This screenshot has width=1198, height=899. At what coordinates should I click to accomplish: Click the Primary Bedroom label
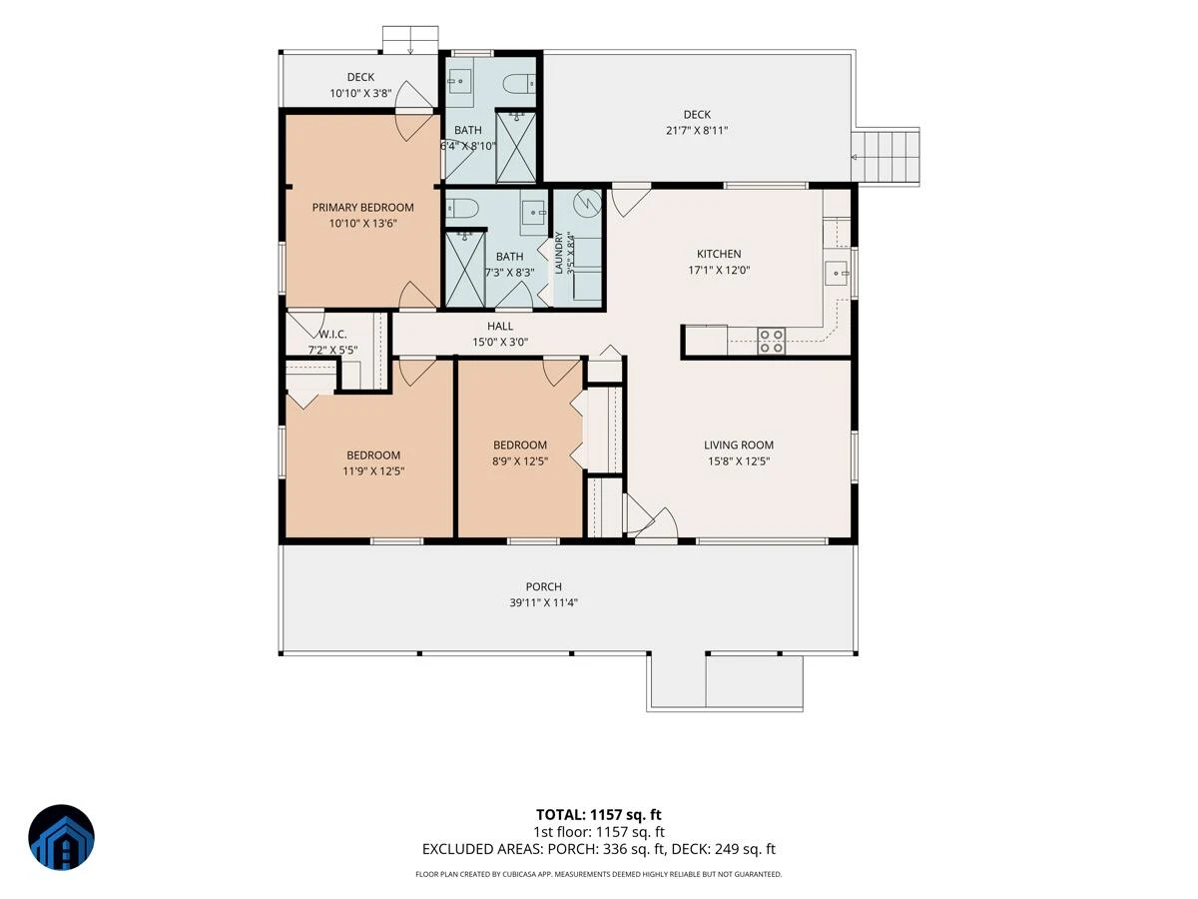click(x=362, y=208)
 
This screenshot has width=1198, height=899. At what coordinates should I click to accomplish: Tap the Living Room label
click(x=739, y=445)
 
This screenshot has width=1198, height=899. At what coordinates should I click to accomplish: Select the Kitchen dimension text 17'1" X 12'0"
click(x=719, y=270)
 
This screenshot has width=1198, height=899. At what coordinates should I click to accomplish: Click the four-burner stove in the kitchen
click(x=772, y=341)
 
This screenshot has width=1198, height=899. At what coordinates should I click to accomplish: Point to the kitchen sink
click(x=837, y=273)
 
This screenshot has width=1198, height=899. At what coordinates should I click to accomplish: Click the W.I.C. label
click(x=332, y=334)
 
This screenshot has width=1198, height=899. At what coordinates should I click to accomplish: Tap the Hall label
click(x=500, y=326)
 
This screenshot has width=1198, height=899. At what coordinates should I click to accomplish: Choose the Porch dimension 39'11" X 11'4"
click(x=544, y=602)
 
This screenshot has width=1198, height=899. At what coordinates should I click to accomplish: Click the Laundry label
click(x=558, y=253)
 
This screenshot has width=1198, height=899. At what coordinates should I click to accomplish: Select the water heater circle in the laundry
click(x=587, y=203)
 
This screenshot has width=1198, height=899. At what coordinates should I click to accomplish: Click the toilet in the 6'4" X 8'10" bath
click(x=518, y=84)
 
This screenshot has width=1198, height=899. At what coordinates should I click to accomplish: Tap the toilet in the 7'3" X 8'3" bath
click(x=462, y=208)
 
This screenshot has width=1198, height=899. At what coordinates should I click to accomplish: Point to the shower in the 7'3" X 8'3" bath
click(x=465, y=269)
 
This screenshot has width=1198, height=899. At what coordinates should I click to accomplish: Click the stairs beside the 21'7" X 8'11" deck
click(x=886, y=157)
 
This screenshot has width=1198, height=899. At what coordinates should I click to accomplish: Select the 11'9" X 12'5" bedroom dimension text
click(x=373, y=471)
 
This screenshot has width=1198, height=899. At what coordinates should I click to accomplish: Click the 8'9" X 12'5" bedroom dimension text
click(x=519, y=461)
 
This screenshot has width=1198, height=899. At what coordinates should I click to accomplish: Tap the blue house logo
click(x=61, y=837)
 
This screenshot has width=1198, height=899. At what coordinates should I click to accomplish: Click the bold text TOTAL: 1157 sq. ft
click(x=598, y=815)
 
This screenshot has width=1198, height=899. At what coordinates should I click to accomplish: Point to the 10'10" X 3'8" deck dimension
click(x=360, y=93)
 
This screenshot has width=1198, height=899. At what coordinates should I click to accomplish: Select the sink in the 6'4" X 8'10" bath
click(x=460, y=82)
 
